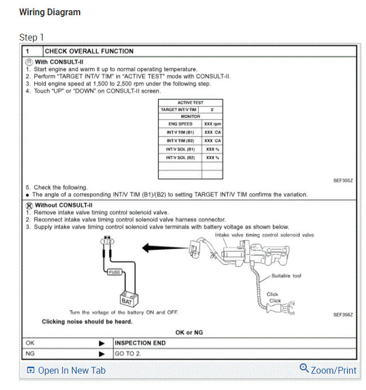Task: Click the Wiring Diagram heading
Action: point(50,12)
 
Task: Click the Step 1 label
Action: point(32,37)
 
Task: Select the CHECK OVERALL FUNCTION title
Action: point(89,51)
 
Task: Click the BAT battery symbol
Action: point(126,299)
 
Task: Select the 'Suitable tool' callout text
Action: point(286,276)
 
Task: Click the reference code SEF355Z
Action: point(343,181)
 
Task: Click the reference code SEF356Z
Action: point(343,314)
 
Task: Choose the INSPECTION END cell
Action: point(140,343)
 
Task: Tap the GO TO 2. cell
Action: point(127,354)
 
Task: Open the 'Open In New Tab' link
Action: point(66,370)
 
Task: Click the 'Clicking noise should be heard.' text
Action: point(87,322)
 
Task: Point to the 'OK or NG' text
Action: point(190,333)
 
